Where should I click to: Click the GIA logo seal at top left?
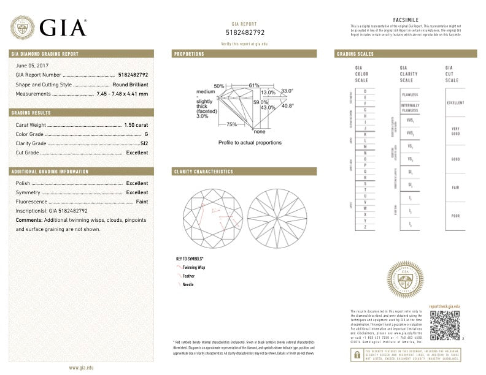(22, 27)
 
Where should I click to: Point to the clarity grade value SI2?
(144, 143)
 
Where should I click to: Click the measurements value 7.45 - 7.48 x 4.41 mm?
(122, 94)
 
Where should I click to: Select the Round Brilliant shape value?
(130, 84)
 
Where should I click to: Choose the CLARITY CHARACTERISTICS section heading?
(203, 172)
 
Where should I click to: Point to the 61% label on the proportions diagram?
(253, 85)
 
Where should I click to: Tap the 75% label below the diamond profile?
(231, 124)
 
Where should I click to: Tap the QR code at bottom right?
(444, 325)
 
